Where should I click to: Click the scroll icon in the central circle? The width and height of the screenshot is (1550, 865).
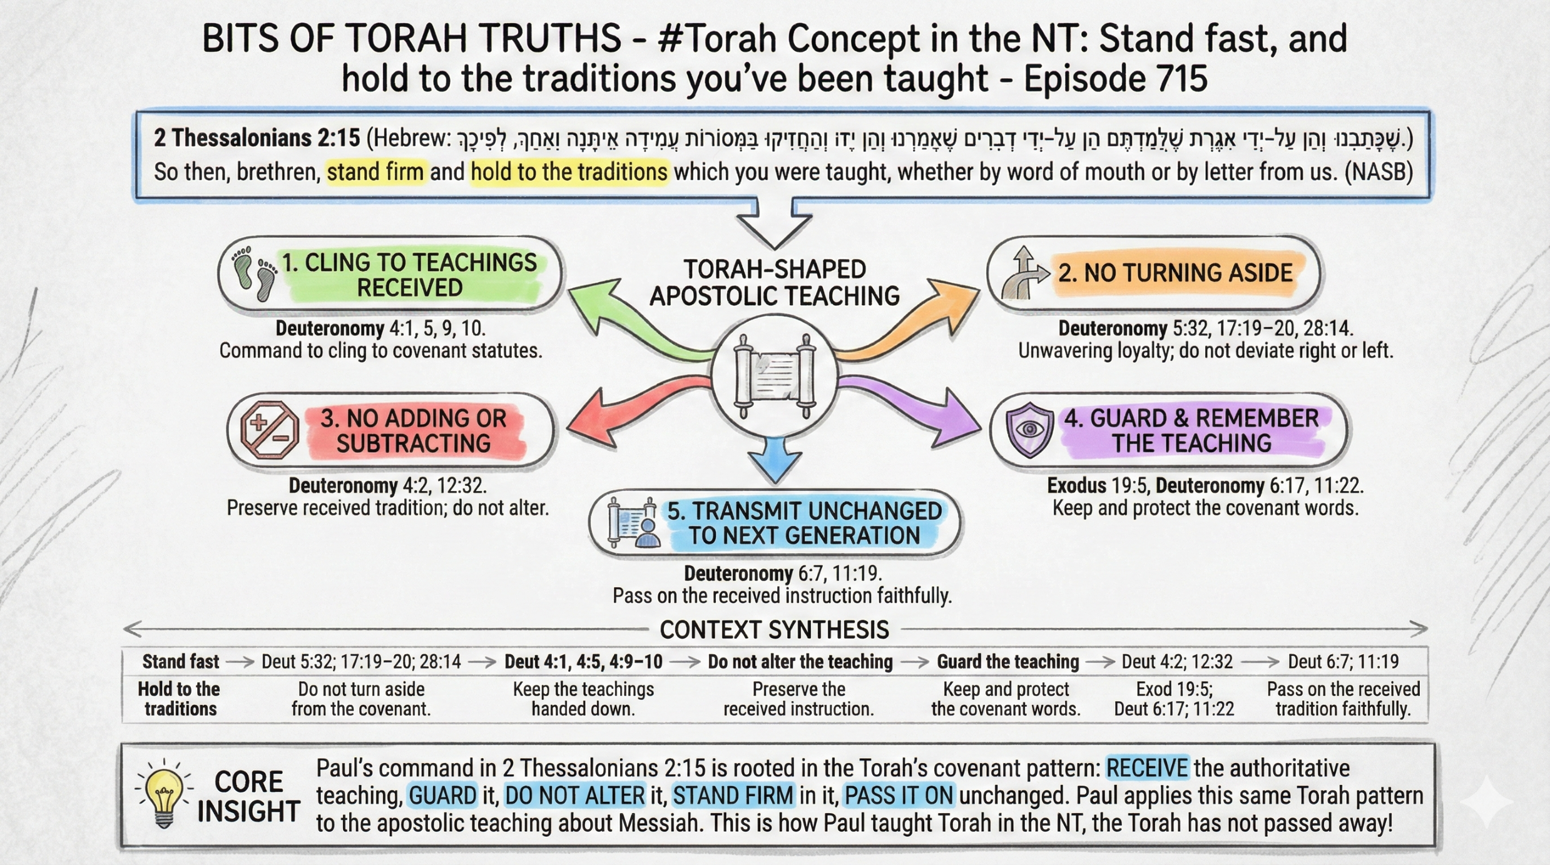pyautogui.click(x=775, y=377)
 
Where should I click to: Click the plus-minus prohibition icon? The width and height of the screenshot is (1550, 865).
pyautogui.click(x=270, y=430)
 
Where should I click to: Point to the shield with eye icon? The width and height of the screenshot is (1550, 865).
pyautogui.click(x=1029, y=430)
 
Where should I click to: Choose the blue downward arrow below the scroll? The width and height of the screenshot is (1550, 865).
pyautogui.click(x=775, y=460)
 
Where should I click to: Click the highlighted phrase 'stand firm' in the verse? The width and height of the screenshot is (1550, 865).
pyautogui.click(x=375, y=172)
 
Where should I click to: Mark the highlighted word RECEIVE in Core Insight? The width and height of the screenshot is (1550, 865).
pyautogui.click(x=1147, y=768)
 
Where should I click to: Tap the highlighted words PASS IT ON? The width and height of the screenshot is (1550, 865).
pyautogui.click(x=899, y=796)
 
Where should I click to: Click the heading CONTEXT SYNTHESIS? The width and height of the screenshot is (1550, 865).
pyautogui.click(x=774, y=630)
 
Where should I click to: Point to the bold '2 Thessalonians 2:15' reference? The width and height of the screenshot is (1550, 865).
pyautogui.click(x=257, y=138)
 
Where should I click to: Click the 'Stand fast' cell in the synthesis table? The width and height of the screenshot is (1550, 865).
pyautogui.click(x=180, y=662)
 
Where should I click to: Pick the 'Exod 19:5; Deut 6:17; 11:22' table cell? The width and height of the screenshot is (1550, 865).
pyautogui.click(x=1174, y=699)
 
